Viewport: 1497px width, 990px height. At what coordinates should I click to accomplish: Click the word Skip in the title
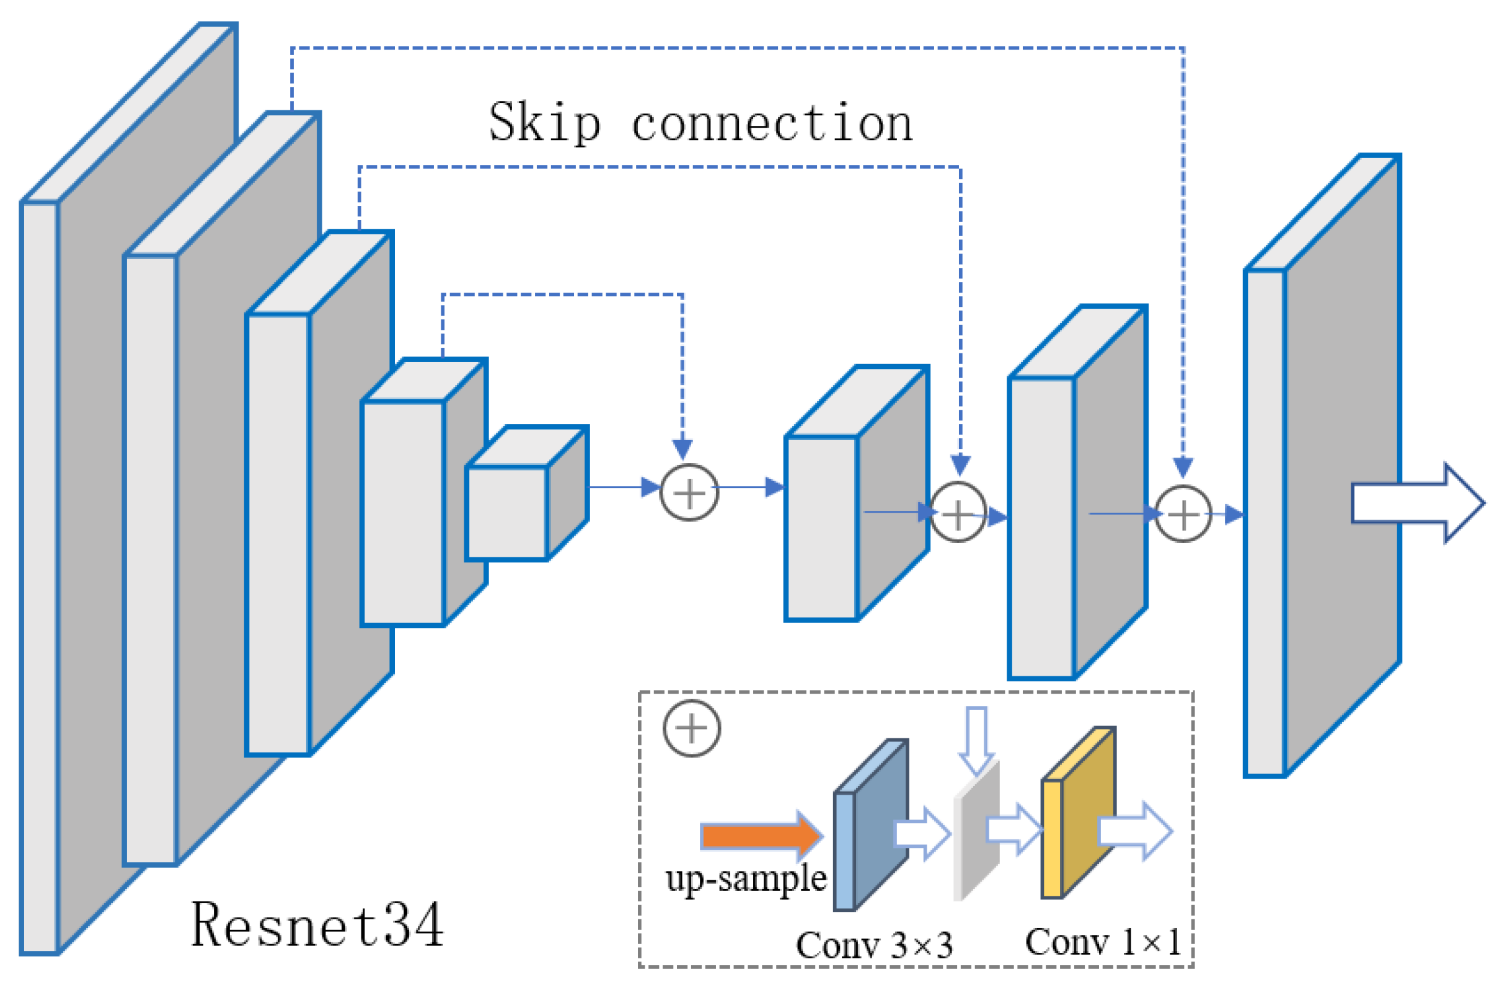(x=544, y=123)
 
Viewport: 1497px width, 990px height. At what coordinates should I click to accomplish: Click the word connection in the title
(x=772, y=123)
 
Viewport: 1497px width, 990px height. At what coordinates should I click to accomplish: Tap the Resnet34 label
(x=317, y=926)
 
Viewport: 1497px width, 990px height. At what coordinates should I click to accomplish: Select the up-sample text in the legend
(x=746, y=879)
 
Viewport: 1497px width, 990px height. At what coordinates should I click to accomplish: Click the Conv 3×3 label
(x=874, y=945)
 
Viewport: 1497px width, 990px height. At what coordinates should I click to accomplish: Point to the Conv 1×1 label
(x=1102, y=942)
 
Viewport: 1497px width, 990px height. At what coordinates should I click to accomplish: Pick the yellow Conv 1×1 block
(x=1077, y=815)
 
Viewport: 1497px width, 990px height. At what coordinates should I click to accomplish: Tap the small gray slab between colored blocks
(x=976, y=833)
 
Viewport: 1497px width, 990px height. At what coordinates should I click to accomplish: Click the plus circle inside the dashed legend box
(x=691, y=728)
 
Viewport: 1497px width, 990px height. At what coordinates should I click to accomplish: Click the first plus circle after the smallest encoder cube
(x=689, y=493)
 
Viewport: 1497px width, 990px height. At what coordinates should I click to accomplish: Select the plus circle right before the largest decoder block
(x=1183, y=514)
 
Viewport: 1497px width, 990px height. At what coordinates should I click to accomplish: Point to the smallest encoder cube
(x=507, y=513)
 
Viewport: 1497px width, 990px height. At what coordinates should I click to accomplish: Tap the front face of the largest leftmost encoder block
(x=39, y=577)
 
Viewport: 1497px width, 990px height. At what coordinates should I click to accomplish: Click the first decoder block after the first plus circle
(x=821, y=527)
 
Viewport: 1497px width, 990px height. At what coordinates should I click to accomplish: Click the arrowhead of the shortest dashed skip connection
(x=682, y=449)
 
